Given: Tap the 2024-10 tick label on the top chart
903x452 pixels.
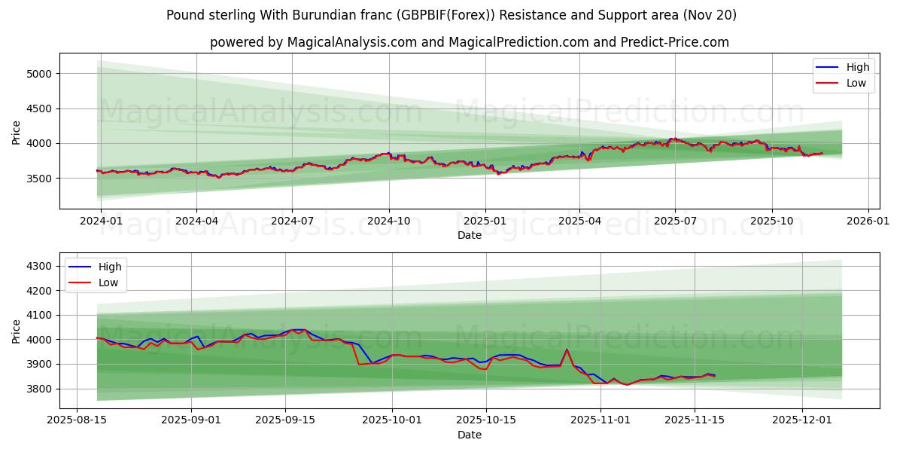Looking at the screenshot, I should pos(388,221).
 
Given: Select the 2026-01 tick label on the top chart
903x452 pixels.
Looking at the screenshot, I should pos(868,221).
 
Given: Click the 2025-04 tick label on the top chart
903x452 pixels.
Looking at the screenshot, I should pos(579,221).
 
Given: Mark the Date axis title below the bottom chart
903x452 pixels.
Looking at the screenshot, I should pos(469,435).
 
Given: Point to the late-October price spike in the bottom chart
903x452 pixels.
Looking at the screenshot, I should pos(567,350).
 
